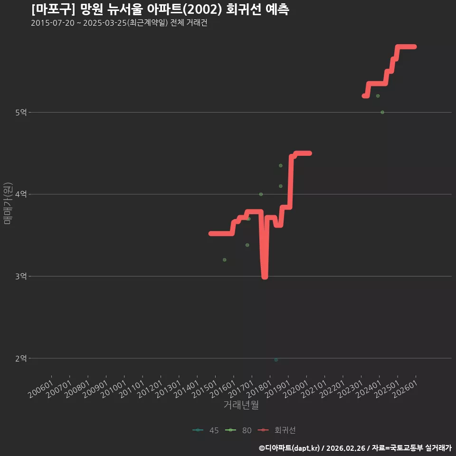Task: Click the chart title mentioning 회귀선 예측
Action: point(160,9)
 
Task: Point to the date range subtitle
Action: point(119,23)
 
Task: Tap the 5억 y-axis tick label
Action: point(21,112)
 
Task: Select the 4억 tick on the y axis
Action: point(21,194)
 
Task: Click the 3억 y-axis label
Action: point(21,276)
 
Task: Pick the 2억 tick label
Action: point(21,358)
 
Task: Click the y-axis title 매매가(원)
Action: point(8,203)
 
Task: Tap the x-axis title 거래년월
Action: point(241,405)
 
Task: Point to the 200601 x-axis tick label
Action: point(41,389)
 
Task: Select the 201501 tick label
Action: point(205,389)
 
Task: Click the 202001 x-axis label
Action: point(296,389)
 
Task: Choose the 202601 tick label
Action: point(405,389)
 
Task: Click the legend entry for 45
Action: point(206,430)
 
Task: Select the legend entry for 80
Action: point(238,430)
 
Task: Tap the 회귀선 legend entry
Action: point(277,430)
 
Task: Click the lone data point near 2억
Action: point(276,360)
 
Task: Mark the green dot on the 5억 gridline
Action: point(382,112)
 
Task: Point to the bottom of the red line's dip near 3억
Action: point(265,277)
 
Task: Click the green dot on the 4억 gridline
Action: point(261,194)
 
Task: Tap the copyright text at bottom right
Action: point(355,448)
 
